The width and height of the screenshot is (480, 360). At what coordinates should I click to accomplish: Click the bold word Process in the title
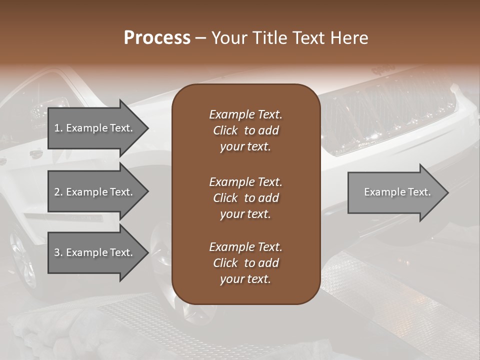point(157,38)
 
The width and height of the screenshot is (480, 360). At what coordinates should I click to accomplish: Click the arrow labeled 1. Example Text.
point(95,128)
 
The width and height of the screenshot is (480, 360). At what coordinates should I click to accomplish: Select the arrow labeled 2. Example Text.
point(95,192)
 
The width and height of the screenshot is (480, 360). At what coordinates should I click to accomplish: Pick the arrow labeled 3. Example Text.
point(95,252)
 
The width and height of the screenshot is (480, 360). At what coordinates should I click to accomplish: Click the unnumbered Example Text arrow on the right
point(395,192)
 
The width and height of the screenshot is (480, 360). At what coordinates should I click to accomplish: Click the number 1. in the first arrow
point(58,128)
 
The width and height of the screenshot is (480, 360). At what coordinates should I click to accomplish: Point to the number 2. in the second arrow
point(58,192)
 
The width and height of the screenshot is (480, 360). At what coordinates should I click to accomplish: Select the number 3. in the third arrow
point(58,252)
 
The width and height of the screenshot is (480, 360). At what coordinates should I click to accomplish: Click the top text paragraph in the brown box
point(245,130)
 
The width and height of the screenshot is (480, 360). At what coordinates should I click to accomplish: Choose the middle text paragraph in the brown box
point(245,197)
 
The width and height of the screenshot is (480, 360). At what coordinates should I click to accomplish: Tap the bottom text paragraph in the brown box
point(245,263)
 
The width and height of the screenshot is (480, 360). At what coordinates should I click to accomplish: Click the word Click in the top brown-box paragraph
point(225,130)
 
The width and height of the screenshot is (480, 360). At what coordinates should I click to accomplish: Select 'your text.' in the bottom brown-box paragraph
point(245,279)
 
